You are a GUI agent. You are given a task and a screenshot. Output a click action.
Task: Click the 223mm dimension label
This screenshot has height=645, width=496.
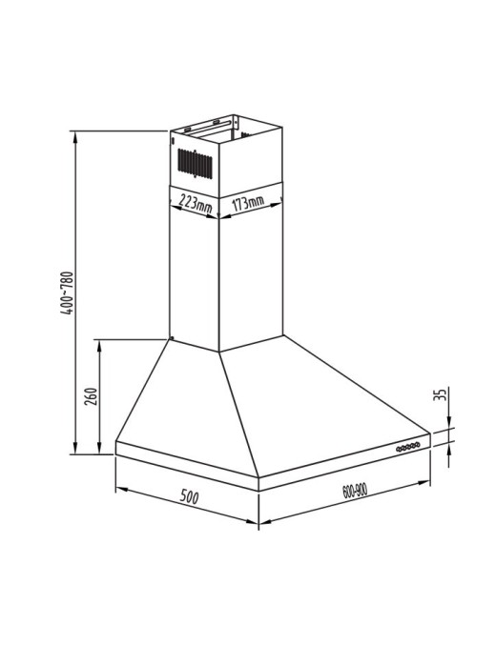coord(196,203)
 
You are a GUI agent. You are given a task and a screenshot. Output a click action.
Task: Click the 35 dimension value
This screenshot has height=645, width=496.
coord(440,396)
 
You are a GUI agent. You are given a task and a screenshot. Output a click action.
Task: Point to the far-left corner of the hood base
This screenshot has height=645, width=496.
coord(115,442)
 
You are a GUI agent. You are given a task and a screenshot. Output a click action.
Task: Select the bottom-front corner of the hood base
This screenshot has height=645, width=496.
coord(258,488)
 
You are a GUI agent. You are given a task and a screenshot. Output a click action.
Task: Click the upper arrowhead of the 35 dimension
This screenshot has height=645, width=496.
coord(447,426)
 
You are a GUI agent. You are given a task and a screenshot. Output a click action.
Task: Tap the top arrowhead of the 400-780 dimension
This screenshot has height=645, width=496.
coord(76,134)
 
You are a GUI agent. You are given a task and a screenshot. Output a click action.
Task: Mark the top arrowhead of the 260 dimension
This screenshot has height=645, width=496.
coord(100,342)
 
